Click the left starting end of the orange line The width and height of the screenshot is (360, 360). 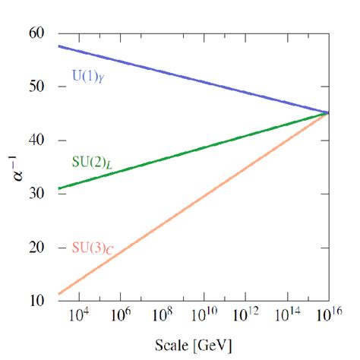(59, 294)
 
